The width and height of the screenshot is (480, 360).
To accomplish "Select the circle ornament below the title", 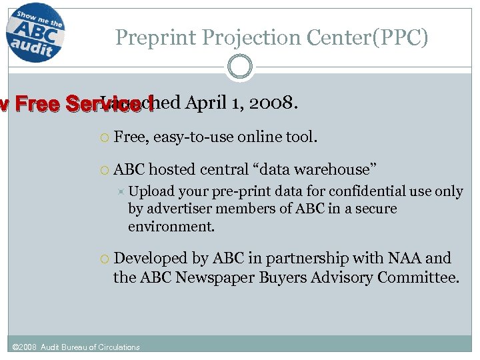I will pyautogui.click(x=239, y=67).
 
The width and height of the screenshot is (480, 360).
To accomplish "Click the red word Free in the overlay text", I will pyautogui.click(x=35, y=105).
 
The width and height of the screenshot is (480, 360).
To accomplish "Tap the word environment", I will pyautogui.click(x=171, y=226).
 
